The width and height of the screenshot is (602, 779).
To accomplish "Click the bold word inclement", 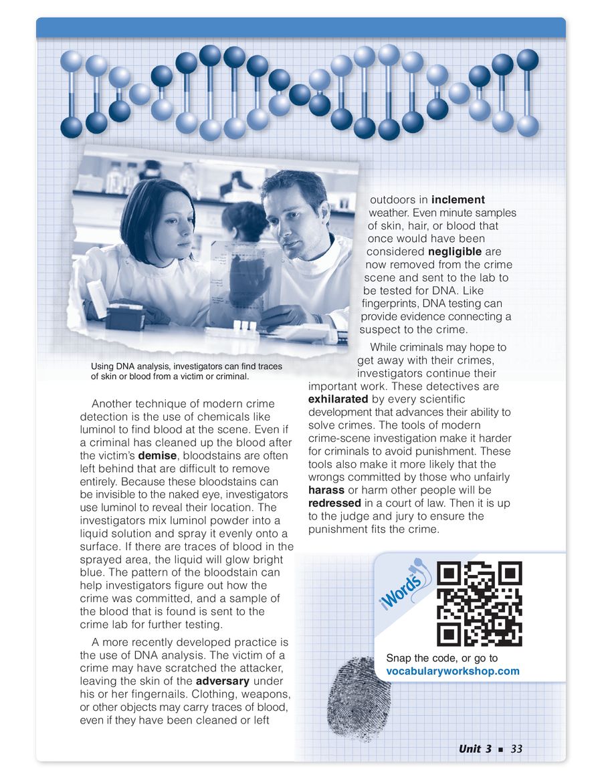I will click(x=458, y=200).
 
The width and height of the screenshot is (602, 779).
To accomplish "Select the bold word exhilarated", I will click(x=338, y=399).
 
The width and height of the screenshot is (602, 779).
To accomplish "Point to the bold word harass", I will click(x=326, y=490).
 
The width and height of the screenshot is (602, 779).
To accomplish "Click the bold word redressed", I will click(x=335, y=503).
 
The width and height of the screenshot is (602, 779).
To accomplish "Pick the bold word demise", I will click(x=158, y=455).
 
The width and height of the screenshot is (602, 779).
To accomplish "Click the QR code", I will click(x=479, y=604).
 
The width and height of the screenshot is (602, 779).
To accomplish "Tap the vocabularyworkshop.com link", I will click(x=452, y=671).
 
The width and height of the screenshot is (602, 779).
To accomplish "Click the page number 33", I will click(x=516, y=749).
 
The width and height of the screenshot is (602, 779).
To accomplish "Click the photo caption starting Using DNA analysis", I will click(x=186, y=371).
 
